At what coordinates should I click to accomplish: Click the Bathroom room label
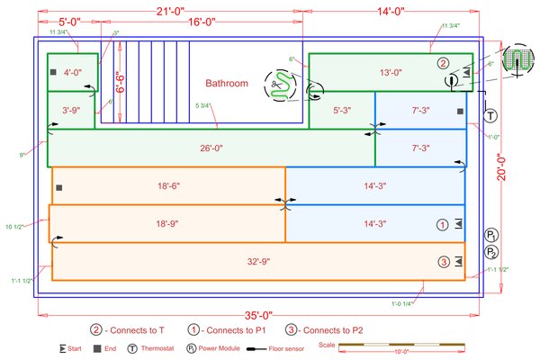click(226, 84)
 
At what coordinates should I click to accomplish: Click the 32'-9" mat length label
click(258, 262)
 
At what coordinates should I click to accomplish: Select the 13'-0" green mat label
click(390, 72)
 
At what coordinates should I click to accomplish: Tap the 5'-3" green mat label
click(342, 111)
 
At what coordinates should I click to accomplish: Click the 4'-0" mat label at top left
click(72, 72)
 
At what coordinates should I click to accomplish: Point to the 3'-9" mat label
click(72, 111)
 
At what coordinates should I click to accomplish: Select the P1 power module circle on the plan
click(492, 236)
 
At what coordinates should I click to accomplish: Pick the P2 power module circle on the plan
click(492, 252)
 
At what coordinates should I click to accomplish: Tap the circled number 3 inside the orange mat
click(444, 262)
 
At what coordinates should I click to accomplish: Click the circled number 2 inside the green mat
click(442, 63)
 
